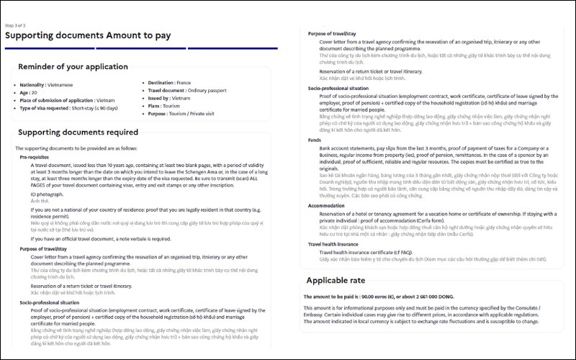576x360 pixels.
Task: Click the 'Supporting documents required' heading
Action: coord(78,132)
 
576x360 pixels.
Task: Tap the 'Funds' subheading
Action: coord(315,140)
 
